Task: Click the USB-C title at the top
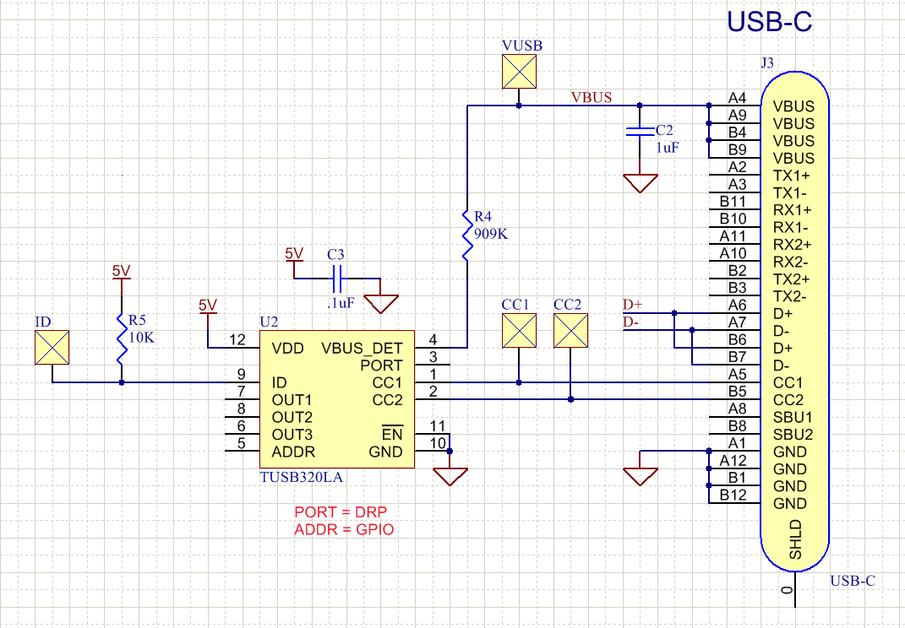(x=770, y=22)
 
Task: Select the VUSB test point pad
(x=519, y=72)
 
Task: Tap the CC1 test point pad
(x=519, y=331)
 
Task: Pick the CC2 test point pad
(x=570, y=331)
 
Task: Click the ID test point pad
(x=52, y=348)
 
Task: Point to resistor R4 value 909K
(x=491, y=234)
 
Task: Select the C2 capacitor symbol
(x=640, y=132)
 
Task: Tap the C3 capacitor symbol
(x=337, y=276)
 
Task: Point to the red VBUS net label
(x=592, y=97)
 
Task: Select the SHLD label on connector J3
(x=795, y=540)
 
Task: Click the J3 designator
(x=767, y=62)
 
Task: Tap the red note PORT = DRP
(x=341, y=512)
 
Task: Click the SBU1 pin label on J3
(x=793, y=417)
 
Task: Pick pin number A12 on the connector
(x=733, y=460)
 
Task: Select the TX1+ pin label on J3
(x=792, y=176)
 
